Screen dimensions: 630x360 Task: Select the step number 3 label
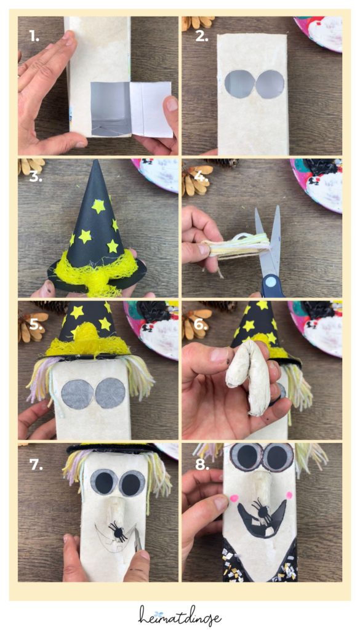coord(35,178)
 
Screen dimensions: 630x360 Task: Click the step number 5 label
coord(36,322)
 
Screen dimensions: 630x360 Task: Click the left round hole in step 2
coord(237,84)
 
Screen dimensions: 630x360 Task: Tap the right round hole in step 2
coord(268,84)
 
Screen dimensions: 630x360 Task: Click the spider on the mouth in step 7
coord(118,530)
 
